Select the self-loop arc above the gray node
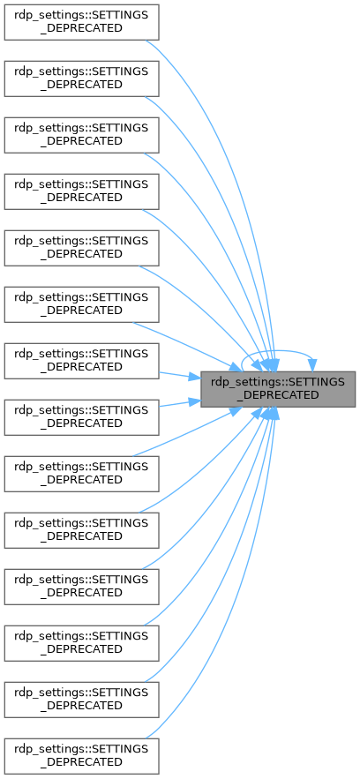pyautogui.click(x=278, y=351)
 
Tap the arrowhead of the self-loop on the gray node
pyautogui.click(x=313, y=365)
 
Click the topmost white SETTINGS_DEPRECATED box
pyautogui.click(x=81, y=22)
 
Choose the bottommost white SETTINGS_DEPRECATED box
pyautogui.click(x=81, y=756)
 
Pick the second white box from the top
pyautogui.click(x=81, y=79)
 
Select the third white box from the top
pyautogui.click(x=81, y=135)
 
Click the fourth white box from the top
pyautogui.click(x=81, y=191)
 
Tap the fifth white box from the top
pyautogui.click(x=81, y=248)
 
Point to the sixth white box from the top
pyautogui.click(x=81, y=304)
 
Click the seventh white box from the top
pyautogui.click(x=81, y=361)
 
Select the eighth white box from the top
pyautogui.click(x=81, y=417)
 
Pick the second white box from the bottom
pyautogui.click(x=81, y=700)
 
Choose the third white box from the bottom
pyautogui.click(x=81, y=643)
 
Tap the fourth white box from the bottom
pyautogui.click(x=81, y=587)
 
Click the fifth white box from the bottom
pyautogui.click(x=81, y=530)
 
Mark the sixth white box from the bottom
pyautogui.click(x=81, y=474)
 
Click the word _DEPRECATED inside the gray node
pyautogui.click(x=278, y=395)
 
